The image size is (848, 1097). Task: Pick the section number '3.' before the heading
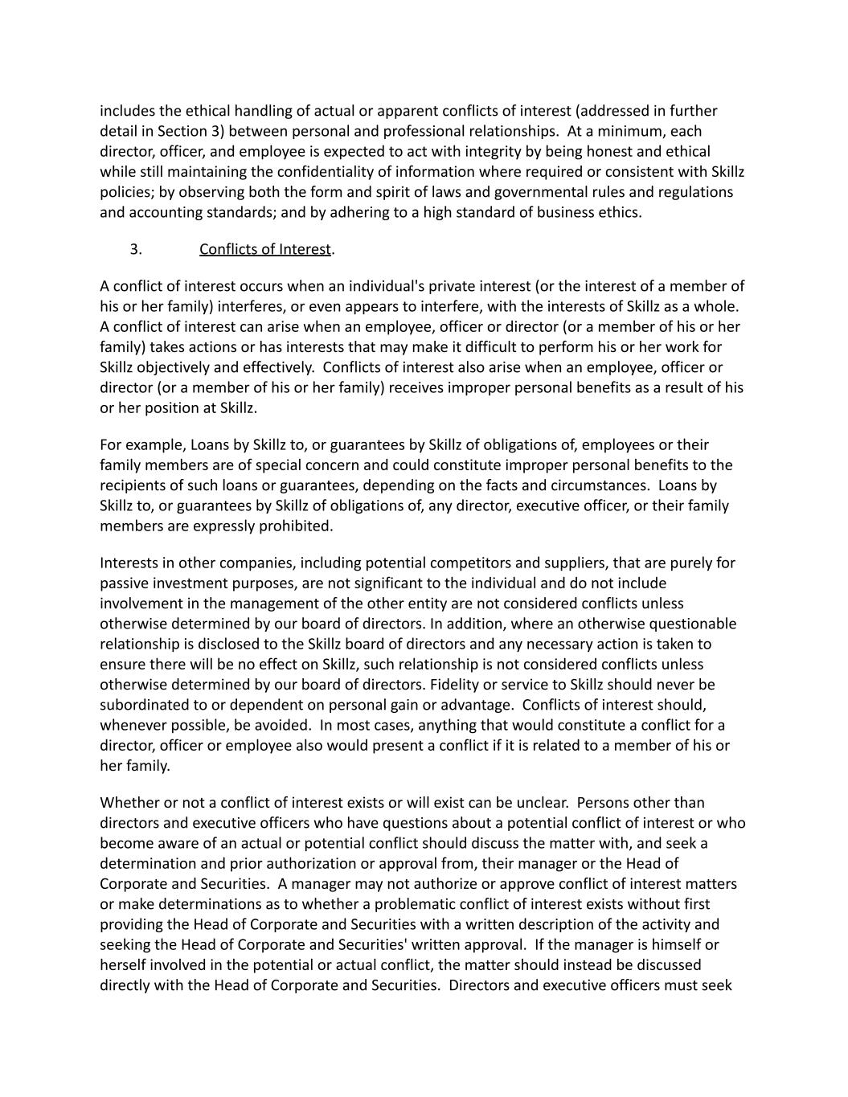pyautogui.click(x=136, y=249)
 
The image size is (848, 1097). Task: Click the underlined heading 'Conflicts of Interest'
pyautogui.click(x=264, y=249)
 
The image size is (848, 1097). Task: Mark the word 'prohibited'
pyautogui.click(x=296, y=526)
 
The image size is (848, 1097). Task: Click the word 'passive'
pyautogui.click(x=125, y=583)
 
